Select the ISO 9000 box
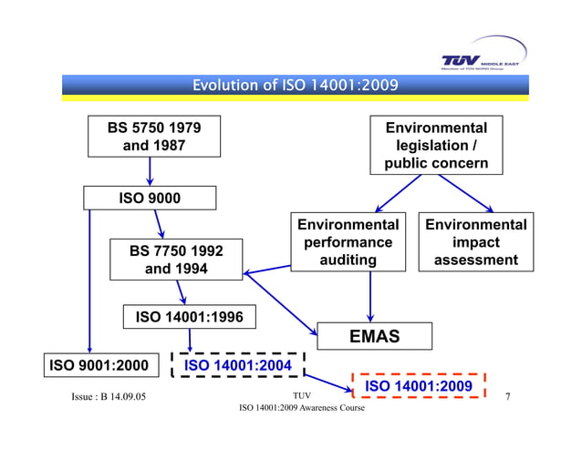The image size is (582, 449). click(150, 198)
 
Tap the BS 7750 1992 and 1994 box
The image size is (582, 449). click(176, 260)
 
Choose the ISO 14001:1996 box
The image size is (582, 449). click(190, 317)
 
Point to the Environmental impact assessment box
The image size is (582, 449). click(475, 242)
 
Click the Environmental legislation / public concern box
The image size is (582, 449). click(436, 146)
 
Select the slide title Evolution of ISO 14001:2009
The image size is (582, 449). click(295, 86)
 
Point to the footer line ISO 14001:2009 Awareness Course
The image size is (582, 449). click(301, 408)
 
